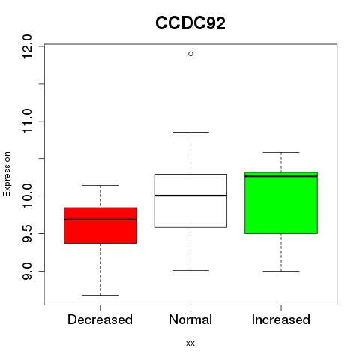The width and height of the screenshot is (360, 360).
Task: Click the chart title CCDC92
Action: point(190,23)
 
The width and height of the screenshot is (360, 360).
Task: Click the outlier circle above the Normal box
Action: point(190,54)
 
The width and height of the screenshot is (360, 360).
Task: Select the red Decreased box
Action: point(100,225)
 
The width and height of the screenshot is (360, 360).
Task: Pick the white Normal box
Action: point(190,201)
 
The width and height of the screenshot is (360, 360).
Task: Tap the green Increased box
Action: point(281,202)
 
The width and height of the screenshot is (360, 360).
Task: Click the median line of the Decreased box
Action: point(100,220)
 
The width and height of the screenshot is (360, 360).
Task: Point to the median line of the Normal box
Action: point(190,196)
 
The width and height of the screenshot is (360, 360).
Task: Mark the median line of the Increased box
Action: point(281,176)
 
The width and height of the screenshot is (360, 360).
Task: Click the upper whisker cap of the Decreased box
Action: point(100,185)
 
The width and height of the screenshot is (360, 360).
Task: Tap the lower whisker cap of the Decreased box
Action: point(100,295)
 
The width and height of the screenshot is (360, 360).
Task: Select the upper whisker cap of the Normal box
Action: point(190,132)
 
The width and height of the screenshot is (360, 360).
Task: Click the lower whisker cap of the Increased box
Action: point(281,271)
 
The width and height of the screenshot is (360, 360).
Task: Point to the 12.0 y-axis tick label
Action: point(27,46)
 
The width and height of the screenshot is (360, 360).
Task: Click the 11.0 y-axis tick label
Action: point(27,121)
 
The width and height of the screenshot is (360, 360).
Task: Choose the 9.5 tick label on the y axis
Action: point(27,233)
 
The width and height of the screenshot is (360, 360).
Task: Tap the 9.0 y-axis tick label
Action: point(27,271)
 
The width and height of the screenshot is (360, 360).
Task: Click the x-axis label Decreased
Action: point(100,319)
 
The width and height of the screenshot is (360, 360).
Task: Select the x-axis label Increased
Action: point(281,319)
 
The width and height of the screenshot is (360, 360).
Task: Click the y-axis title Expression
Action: point(7,174)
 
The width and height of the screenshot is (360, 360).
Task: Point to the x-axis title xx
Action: point(190,343)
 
